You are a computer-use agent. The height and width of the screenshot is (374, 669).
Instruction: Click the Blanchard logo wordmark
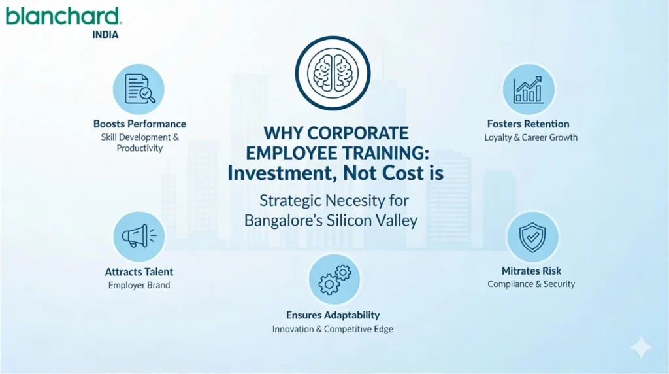coord(64,16)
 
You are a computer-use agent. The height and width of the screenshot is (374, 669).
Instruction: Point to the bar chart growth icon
coord(528,90)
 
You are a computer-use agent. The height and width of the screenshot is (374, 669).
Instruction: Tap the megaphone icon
coord(139,236)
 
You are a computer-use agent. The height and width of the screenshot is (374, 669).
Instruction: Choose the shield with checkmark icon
coord(532,236)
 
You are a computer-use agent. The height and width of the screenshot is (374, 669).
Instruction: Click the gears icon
coord(334,279)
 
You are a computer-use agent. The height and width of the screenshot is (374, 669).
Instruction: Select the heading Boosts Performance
coord(140,124)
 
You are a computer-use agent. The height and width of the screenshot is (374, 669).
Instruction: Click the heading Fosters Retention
coord(528,124)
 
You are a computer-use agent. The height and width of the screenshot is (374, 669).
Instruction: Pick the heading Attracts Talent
coord(139,272)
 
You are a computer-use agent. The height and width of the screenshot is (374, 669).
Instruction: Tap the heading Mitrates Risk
coord(531,271)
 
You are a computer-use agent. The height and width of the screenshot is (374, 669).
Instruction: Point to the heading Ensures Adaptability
coord(333,315)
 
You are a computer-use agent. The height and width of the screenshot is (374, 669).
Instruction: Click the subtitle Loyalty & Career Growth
coord(530,138)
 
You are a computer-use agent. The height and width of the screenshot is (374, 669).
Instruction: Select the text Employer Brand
coord(139,286)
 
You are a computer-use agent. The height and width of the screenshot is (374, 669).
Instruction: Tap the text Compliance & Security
coord(531,284)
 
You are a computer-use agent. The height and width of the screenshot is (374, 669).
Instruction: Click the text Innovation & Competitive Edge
coord(333,329)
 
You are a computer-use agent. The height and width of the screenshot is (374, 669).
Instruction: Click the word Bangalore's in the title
coord(282,220)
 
